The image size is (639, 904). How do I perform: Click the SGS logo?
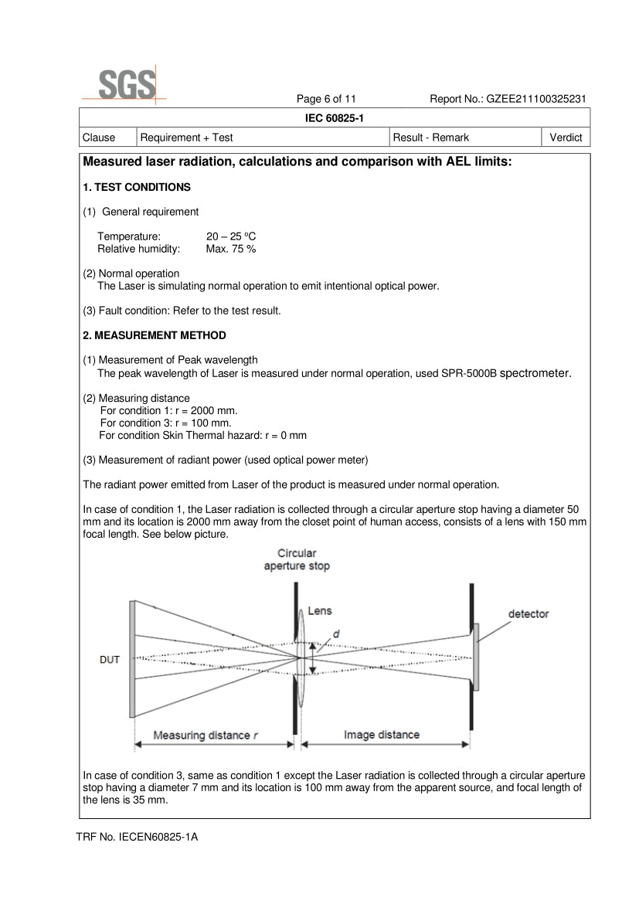(x=125, y=84)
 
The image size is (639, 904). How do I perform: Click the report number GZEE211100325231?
(x=536, y=99)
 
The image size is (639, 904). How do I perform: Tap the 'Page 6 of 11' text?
(x=326, y=99)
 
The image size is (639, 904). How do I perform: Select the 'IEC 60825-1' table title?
(x=335, y=118)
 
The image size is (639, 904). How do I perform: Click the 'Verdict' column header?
(x=566, y=138)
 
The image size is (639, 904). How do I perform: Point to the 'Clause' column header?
(x=99, y=138)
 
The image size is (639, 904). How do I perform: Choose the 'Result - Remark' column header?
(x=431, y=138)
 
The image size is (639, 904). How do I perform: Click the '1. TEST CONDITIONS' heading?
(x=137, y=187)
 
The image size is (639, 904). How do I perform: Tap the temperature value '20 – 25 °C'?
(x=231, y=236)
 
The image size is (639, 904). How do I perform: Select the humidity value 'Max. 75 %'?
(x=231, y=249)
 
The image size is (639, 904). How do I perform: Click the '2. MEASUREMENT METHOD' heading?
(x=155, y=335)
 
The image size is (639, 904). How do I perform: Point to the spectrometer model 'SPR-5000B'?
(x=469, y=373)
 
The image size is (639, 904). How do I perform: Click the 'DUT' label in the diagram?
(x=110, y=660)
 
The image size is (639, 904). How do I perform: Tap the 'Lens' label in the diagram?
(x=320, y=610)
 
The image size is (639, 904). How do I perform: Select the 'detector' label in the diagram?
(x=529, y=614)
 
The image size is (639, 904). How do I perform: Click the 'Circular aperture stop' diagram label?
(x=297, y=559)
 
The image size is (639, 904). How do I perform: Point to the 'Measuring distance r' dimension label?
(x=206, y=735)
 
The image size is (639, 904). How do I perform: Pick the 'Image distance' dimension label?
(x=382, y=735)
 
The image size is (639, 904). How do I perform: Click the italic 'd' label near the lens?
(x=336, y=634)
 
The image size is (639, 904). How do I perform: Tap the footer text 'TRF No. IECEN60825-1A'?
(x=137, y=837)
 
